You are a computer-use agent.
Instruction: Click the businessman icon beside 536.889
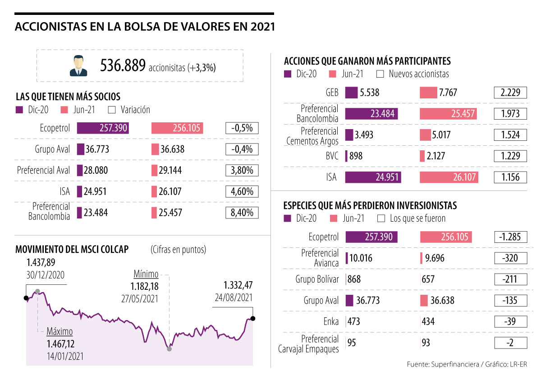point(79,65)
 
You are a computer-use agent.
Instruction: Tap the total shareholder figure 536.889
point(123,66)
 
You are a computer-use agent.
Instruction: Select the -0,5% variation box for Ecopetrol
point(242,128)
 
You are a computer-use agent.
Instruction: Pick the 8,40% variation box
point(242,213)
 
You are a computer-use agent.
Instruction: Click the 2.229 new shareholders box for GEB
point(510,93)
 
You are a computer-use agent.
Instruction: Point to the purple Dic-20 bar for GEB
point(351,93)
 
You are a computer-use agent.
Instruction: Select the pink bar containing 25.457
point(449,113)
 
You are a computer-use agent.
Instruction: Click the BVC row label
point(332,156)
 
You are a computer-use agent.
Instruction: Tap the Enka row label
point(330,322)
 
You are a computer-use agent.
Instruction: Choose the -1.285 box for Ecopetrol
point(510,237)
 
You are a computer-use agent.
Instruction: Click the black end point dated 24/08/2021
point(252,319)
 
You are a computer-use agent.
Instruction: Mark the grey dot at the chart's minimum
point(169,348)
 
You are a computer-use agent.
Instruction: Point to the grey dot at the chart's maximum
point(37,291)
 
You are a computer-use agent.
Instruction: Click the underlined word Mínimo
point(146,274)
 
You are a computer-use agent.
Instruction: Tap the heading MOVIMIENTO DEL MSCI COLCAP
point(72,250)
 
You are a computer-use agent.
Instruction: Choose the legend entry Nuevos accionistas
point(418,74)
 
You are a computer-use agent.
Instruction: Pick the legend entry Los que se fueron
point(417,218)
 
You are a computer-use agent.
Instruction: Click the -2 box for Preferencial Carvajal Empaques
point(510,343)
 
